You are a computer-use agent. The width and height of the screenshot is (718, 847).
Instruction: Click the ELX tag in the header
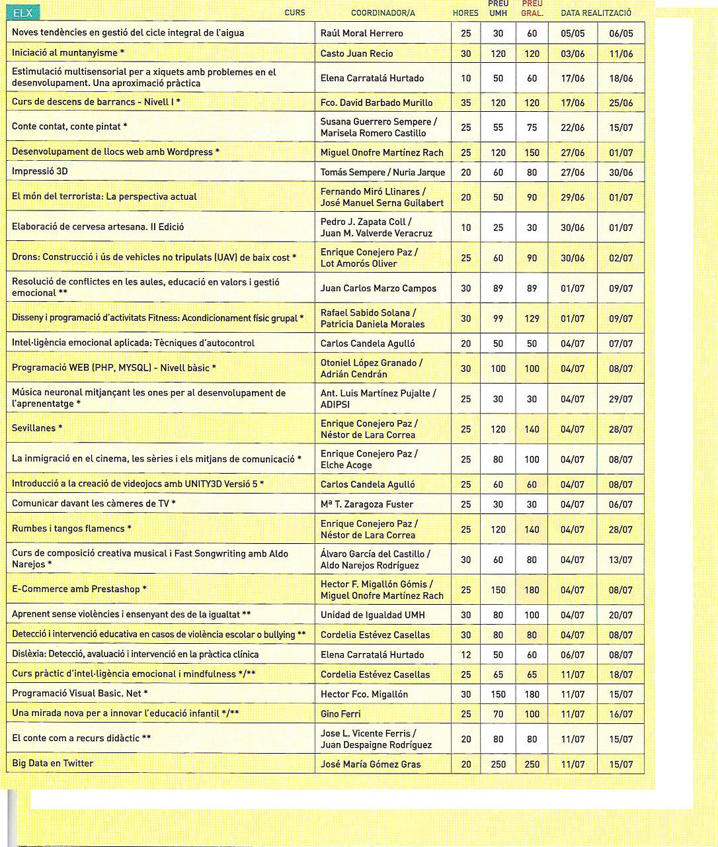click(24, 13)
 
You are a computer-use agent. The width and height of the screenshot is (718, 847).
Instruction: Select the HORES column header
click(465, 13)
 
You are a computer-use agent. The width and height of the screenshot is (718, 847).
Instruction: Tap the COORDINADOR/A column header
click(383, 13)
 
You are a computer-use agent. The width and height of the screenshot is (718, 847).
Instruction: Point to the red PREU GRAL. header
click(532, 9)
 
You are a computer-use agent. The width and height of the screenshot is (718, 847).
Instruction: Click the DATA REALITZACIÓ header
click(596, 13)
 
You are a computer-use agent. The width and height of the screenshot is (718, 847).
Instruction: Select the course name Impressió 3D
click(40, 171)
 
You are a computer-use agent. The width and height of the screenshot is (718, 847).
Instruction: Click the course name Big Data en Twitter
click(53, 764)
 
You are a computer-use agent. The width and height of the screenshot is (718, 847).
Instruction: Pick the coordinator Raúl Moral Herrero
click(362, 33)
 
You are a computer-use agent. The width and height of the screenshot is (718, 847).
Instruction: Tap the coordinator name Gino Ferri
click(340, 714)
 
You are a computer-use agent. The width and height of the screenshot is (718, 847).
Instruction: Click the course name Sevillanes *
click(37, 428)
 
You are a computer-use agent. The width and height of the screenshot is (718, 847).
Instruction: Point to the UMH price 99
click(498, 319)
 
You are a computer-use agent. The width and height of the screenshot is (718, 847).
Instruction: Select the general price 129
click(532, 319)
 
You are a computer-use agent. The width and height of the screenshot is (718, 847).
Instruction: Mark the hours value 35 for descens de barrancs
click(465, 103)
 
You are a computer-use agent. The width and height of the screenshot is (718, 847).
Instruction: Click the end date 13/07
click(621, 560)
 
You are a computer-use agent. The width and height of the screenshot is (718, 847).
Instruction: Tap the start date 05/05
click(573, 33)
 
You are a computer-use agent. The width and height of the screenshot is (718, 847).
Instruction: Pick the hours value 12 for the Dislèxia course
click(465, 655)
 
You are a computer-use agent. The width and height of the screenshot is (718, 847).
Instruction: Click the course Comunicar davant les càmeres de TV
click(93, 504)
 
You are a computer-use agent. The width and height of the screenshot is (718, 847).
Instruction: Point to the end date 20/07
click(621, 615)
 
